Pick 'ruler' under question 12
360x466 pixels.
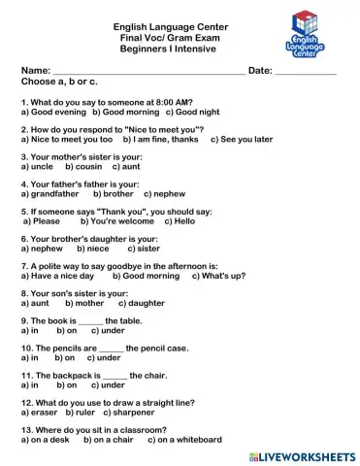85,412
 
